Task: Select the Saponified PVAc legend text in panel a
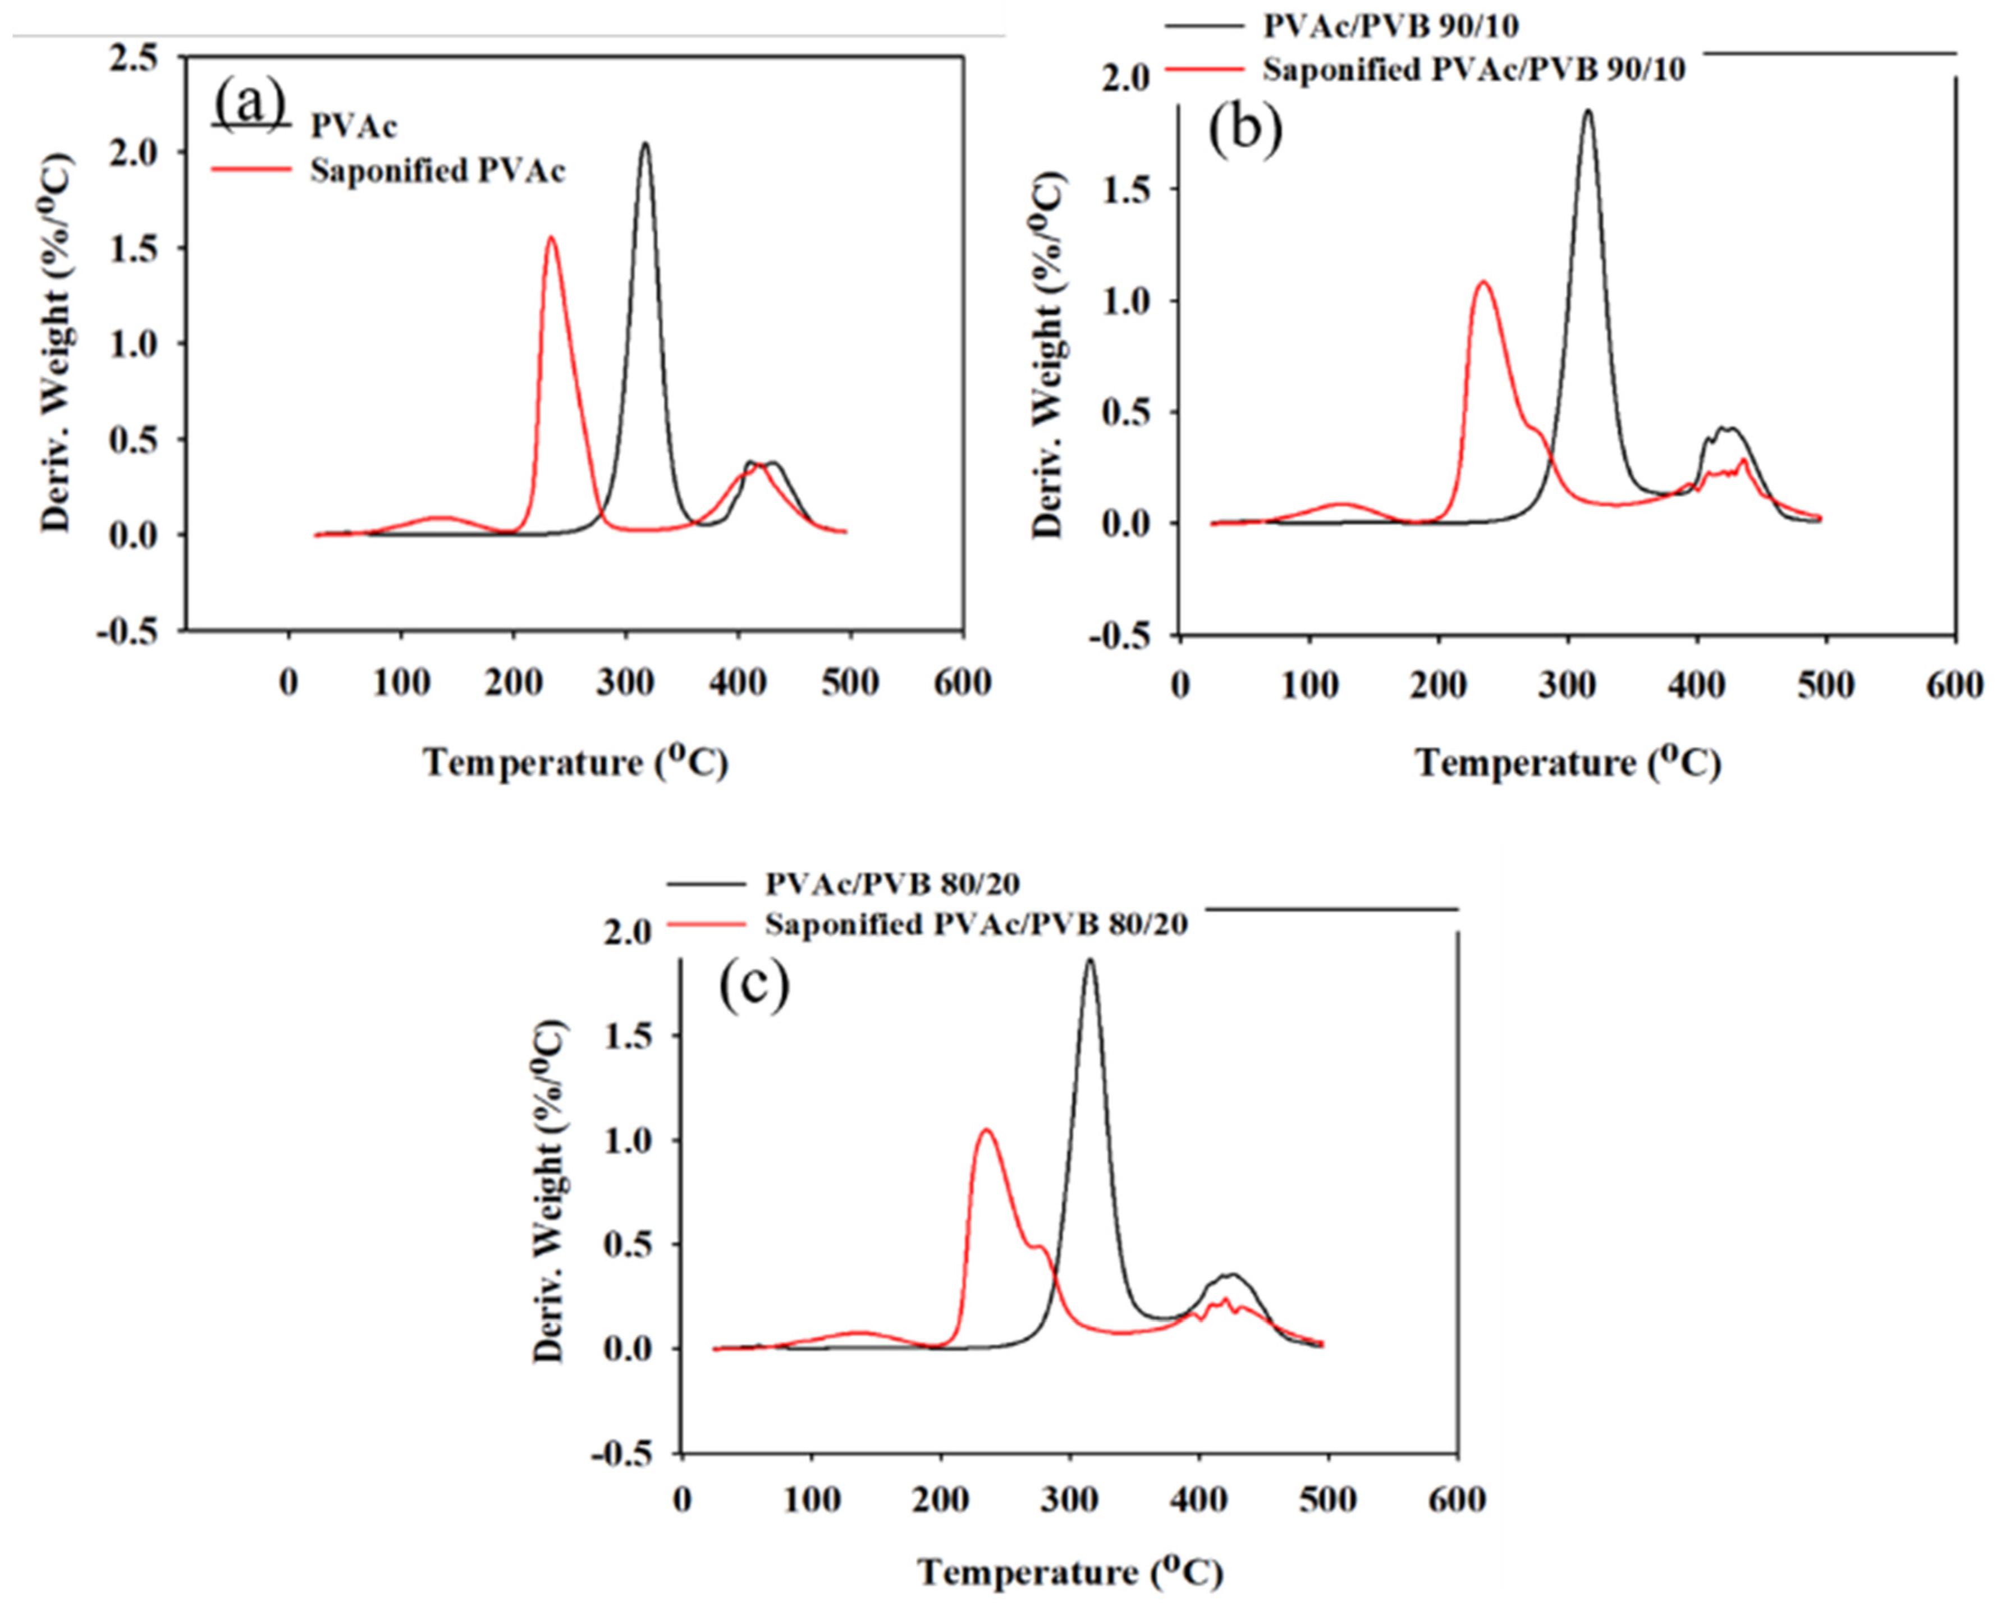coord(437,171)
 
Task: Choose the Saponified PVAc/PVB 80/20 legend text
coord(976,924)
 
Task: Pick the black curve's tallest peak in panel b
coord(1587,111)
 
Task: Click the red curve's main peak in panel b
coord(1482,282)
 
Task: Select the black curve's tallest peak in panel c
coord(1089,960)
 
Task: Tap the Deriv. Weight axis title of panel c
coord(550,1192)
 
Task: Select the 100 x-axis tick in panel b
coord(1309,686)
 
